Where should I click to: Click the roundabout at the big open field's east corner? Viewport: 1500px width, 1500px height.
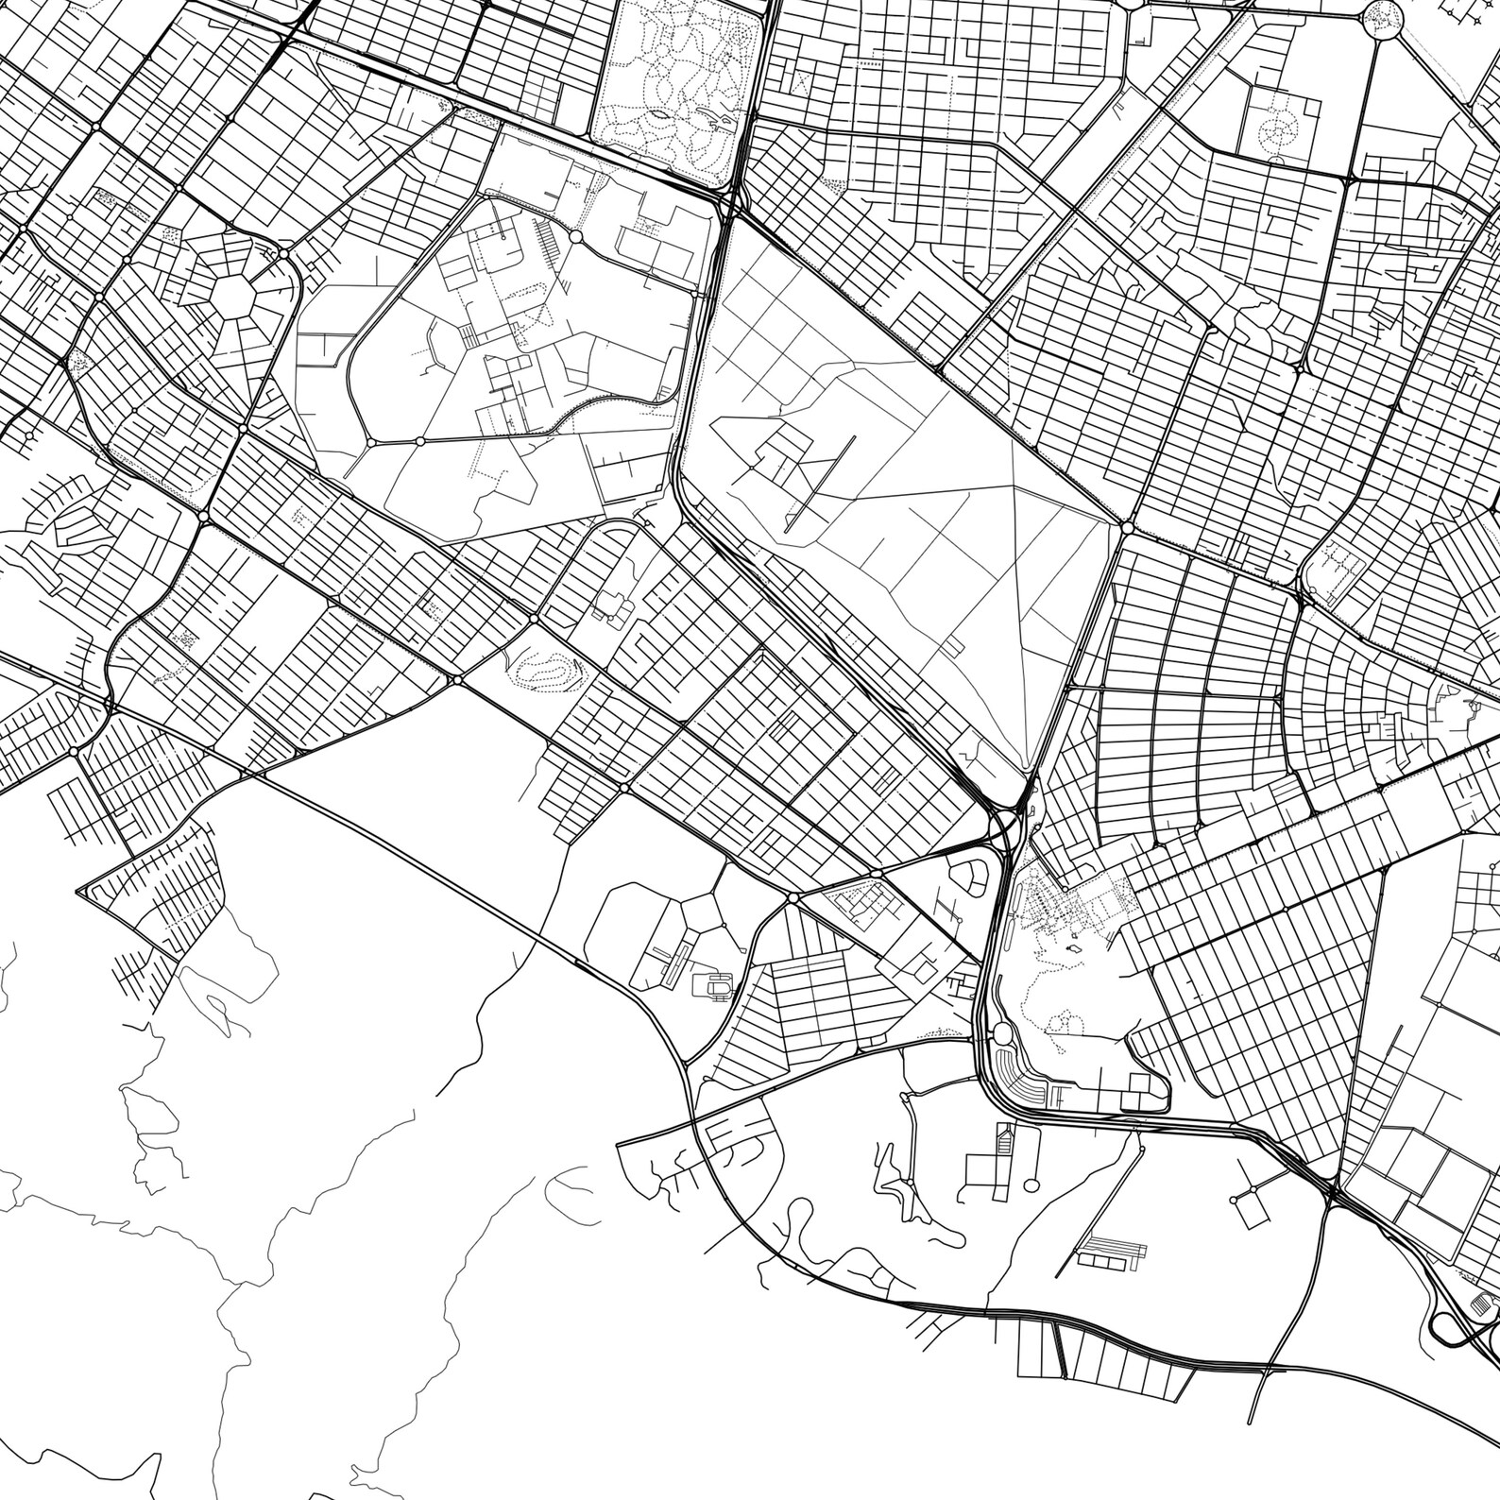coord(1127,527)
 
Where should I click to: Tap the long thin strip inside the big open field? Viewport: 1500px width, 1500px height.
coord(819,482)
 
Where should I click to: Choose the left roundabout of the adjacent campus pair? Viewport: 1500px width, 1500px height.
coord(370,441)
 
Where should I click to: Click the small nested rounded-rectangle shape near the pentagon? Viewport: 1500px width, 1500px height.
coord(718,986)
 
